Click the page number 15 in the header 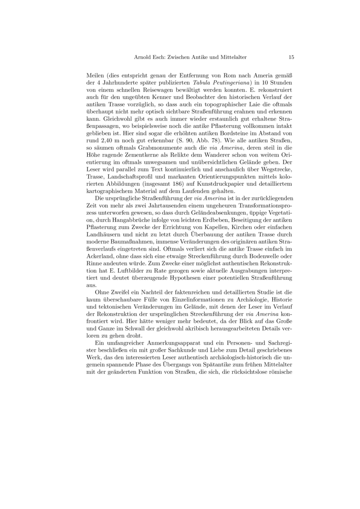291,57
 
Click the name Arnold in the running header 144,57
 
